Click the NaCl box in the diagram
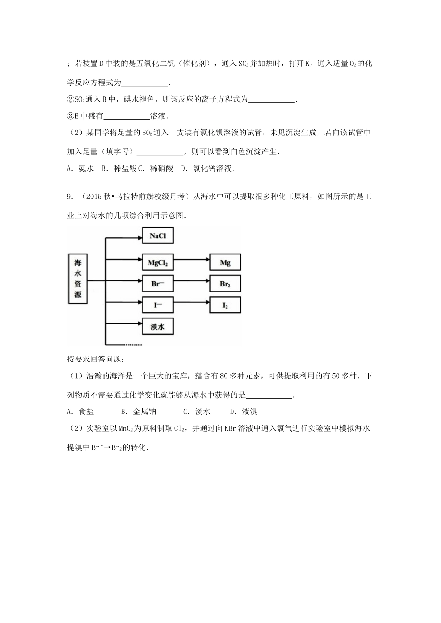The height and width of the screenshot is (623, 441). pyautogui.click(x=157, y=236)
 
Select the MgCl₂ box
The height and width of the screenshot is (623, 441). pyautogui.click(x=157, y=263)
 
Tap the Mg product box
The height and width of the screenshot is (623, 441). pyautogui.click(x=225, y=263)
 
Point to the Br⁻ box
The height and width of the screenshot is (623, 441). pyautogui.click(x=157, y=284)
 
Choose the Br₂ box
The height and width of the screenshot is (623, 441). pyautogui.click(x=225, y=284)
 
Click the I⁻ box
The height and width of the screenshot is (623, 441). pyautogui.click(x=157, y=305)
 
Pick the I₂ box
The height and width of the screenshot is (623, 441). pyautogui.click(x=225, y=305)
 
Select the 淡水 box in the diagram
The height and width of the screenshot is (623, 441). pyautogui.click(x=157, y=327)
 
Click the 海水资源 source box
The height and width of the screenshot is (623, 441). pyautogui.click(x=78, y=279)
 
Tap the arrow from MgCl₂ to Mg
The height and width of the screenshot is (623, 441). pyautogui.click(x=191, y=263)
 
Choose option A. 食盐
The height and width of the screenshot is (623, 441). pyautogui.click(x=81, y=411)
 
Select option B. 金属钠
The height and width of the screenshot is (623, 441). pyautogui.click(x=138, y=411)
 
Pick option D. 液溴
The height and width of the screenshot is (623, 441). pyautogui.click(x=244, y=411)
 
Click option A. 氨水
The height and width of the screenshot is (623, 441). pyautogui.click(x=81, y=169)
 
